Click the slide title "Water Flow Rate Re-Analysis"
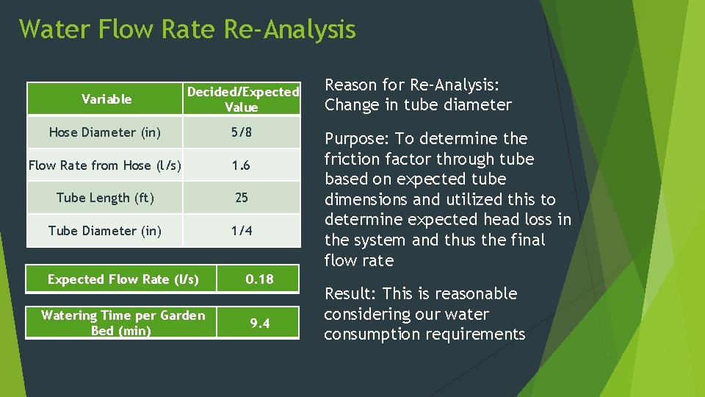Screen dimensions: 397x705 pos(187,29)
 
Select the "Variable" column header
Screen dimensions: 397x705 pos(106,99)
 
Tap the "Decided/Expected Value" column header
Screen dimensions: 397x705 pos(242,99)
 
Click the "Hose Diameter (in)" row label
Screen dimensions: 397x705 pos(104,132)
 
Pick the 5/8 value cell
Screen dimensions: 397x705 pos(242,132)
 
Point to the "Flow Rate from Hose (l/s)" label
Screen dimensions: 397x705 pos(104,165)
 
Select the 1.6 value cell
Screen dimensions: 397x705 pos(242,165)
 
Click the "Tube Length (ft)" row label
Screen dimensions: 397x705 pos(105,198)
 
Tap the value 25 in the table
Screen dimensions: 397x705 pos(242,198)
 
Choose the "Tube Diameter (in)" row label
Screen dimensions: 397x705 pos(104,231)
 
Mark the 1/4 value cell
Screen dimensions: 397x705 pos(242,231)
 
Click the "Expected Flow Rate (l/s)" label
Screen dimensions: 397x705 pos(123,279)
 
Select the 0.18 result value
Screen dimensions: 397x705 pos(259,279)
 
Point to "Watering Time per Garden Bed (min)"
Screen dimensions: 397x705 pos(123,323)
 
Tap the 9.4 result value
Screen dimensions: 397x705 pos(259,323)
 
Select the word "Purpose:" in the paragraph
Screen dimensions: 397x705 pos(357,139)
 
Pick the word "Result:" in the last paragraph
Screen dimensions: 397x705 pos(350,294)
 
